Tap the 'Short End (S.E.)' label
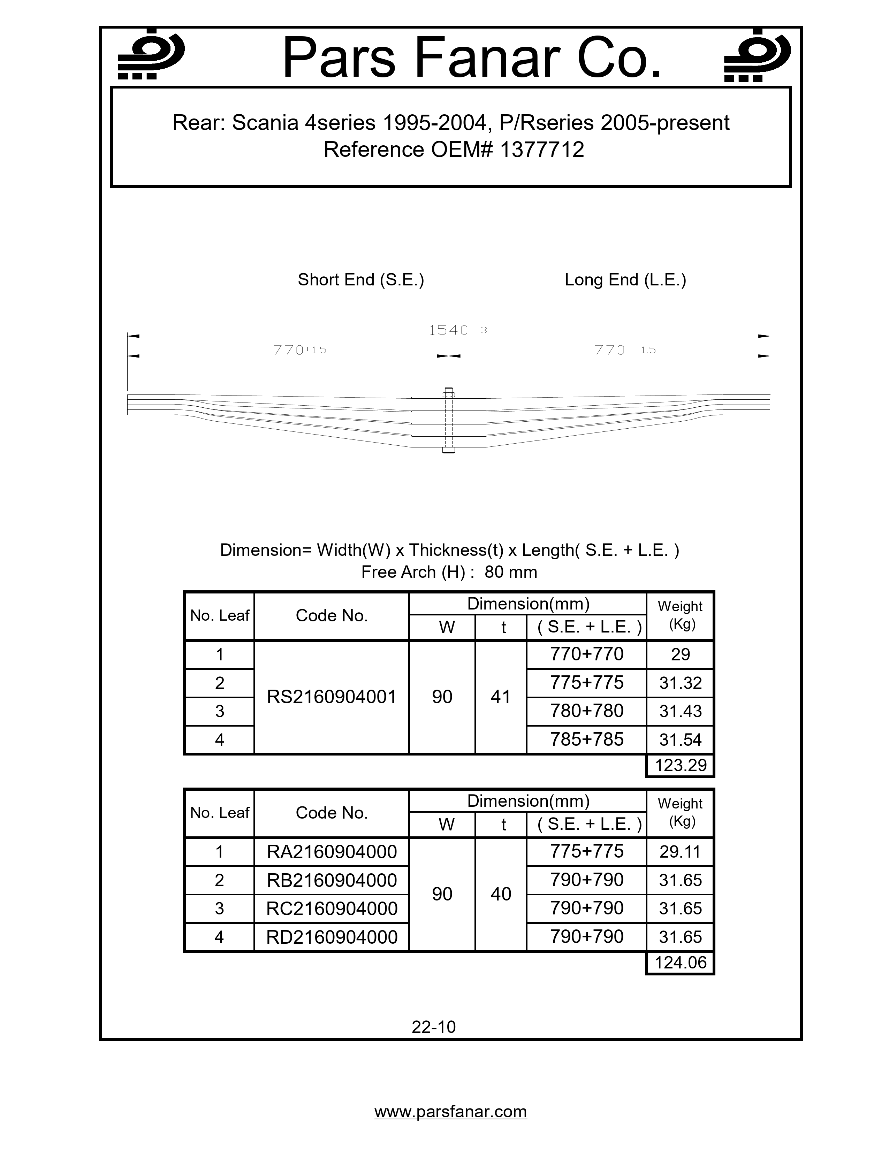361,279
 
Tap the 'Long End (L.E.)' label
625,279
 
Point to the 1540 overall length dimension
449,330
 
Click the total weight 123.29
680,765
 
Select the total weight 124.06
680,963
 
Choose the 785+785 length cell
586,739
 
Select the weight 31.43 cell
680,711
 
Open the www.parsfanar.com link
450,1112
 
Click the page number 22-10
433,1027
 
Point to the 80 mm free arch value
510,572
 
